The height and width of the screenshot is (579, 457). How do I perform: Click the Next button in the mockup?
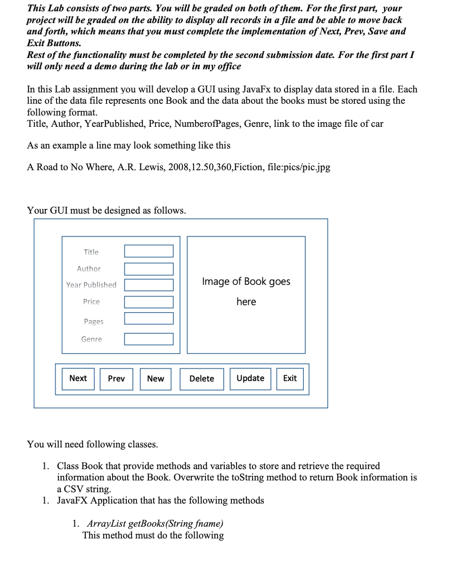(78, 379)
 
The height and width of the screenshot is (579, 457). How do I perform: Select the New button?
(155, 379)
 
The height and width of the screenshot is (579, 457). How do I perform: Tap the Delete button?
(202, 379)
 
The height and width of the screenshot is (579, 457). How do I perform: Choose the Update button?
(250, 379)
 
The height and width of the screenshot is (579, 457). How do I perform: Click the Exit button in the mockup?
(290, 379)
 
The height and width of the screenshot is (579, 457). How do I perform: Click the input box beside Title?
(149, 251)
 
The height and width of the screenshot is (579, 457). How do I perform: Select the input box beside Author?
(149, 269)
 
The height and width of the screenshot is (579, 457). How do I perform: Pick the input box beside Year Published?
(149, 285)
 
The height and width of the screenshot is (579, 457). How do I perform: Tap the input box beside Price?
(149, 302)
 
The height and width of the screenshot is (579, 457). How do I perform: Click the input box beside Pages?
(149, 318)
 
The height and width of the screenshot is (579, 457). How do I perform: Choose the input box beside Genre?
(149, 339)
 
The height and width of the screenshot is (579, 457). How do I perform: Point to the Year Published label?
(91, 285)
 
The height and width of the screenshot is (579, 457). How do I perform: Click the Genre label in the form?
(91, 339)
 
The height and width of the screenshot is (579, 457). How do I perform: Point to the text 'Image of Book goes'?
(246, 281)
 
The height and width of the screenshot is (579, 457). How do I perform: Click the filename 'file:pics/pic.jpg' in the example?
(299, 167)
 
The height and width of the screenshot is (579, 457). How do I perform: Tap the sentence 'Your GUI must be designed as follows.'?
(106, 210)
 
